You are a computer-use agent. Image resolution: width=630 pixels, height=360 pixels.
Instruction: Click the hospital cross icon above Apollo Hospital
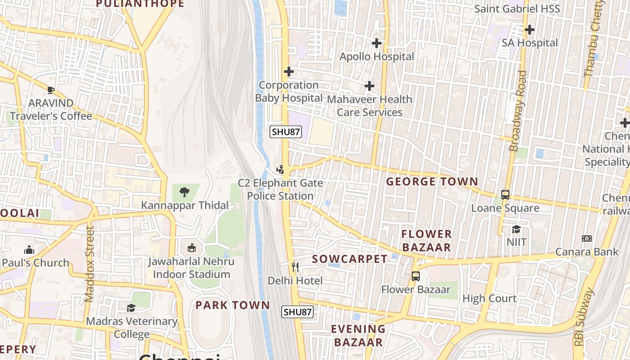(x=377, y=43)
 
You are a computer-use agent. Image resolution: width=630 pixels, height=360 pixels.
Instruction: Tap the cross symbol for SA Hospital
(x=530, y=30)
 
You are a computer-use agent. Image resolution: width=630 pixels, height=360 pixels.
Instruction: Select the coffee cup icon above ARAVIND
(x=51, y=90)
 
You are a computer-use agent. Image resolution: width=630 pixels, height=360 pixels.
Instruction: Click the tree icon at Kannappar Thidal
(x=184, y=192)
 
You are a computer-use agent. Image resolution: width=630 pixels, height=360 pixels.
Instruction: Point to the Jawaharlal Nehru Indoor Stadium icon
(x=192, y=247)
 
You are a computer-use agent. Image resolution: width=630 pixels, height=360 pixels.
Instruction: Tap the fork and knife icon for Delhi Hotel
(x=295, y=267)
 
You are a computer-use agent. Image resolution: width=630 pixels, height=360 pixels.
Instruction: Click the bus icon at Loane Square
(x=505, y=195)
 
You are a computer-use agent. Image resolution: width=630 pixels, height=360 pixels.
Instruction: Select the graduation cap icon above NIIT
(x=516, y=229)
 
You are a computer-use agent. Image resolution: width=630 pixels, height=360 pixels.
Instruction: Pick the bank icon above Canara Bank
(x=587, y=238)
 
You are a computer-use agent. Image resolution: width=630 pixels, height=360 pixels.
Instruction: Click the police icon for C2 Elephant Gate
(x=281, y=170)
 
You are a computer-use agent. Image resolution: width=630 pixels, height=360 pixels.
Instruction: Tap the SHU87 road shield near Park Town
(x=297, y=312)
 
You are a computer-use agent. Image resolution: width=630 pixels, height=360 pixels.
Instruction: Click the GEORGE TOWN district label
(x=432, y=182)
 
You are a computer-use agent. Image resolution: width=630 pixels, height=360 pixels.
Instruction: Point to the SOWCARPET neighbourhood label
(x=350, y=259)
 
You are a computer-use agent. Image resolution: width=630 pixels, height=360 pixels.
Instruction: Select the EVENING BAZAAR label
(x=358, y=335)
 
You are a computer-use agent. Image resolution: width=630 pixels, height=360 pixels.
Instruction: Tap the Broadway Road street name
(x=517, y=111)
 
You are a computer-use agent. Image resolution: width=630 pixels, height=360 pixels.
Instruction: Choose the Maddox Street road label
(x=90, y=264)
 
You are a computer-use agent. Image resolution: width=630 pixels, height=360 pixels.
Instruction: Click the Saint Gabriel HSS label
(x=517, y=9)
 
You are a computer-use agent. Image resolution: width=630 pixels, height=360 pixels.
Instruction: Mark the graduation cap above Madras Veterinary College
(x=131, y=308)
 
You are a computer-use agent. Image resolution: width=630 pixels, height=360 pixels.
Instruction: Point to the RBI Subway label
(x=583, y=317)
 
